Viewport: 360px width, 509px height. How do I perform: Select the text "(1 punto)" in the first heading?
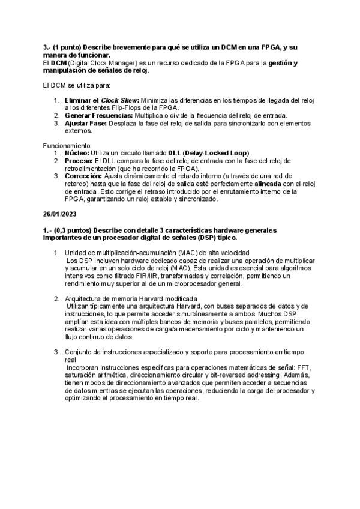68,47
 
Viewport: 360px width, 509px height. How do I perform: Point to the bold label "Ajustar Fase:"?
85,123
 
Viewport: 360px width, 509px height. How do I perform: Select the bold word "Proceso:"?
79,161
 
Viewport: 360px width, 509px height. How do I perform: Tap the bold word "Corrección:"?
83,176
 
